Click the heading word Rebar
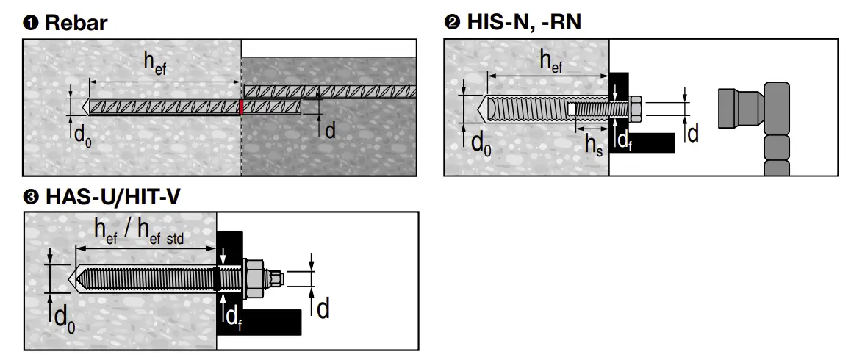76,23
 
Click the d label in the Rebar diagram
330,130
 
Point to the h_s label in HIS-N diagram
593,144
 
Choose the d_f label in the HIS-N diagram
624,140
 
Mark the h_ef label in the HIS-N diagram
552,61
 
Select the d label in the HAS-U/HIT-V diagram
323,309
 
